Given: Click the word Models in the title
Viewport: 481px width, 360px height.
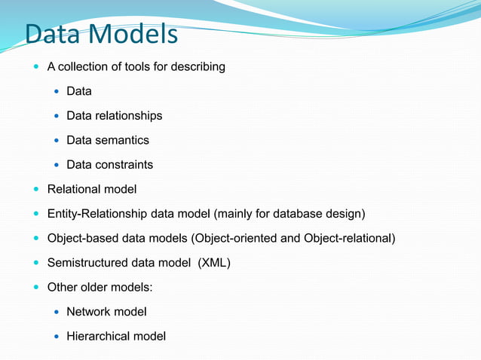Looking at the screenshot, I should click(131, 35).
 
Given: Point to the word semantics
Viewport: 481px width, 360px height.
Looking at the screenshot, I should click(122, 140).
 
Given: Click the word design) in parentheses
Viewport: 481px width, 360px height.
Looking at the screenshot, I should click(345, 214).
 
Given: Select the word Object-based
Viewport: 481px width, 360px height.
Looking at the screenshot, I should click(82, 239).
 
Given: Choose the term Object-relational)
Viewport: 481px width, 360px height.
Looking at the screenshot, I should click(349, 239).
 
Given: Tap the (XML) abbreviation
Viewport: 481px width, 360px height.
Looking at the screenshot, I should click(213, 263).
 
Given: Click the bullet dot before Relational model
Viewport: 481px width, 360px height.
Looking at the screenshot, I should click(38, 189).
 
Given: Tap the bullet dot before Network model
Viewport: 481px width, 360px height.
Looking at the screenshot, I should click(57, 312).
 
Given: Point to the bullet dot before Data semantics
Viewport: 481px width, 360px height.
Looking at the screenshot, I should click(57, 141).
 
